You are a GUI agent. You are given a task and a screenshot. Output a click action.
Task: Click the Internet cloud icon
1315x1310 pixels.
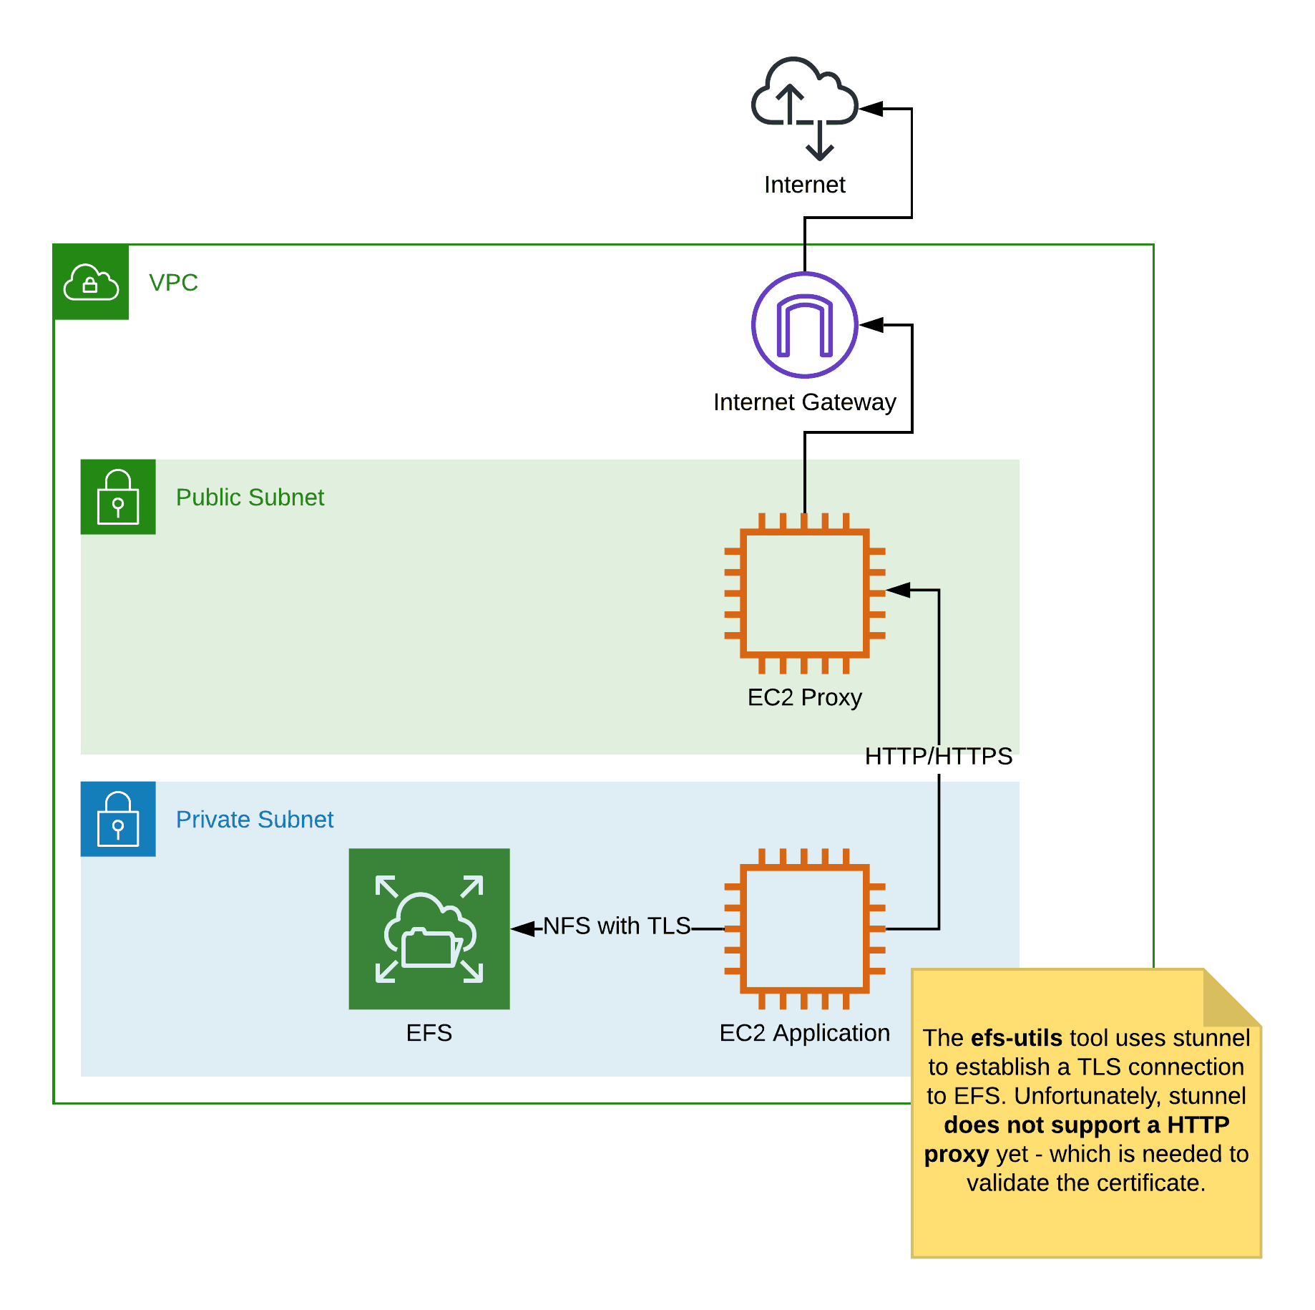804,107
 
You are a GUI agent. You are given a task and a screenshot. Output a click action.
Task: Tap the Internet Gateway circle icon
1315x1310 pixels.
804,325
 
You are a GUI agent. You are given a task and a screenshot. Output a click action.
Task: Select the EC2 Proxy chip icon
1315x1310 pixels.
804,593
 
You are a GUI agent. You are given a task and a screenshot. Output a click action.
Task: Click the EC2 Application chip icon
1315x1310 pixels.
804,928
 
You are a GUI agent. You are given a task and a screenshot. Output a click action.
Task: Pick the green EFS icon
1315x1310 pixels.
429,928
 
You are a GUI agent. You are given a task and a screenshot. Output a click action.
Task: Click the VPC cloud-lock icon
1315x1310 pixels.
91,282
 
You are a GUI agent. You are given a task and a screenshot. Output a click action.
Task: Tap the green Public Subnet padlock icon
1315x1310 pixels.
118,497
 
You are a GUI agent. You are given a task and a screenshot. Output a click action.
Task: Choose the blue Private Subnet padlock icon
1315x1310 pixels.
118,819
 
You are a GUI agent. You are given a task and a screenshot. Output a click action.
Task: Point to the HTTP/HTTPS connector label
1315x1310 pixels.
938,756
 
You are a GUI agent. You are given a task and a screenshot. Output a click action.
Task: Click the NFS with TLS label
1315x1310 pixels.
617,926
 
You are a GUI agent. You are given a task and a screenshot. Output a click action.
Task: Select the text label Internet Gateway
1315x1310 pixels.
804,402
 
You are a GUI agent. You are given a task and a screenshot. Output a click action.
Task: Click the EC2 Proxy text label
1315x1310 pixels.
804,697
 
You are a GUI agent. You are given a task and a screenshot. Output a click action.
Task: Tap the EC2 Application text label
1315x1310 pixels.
804,1033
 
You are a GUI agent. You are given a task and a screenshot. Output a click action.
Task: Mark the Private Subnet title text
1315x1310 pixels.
255,820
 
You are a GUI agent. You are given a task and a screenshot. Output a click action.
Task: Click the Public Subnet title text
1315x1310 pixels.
250,498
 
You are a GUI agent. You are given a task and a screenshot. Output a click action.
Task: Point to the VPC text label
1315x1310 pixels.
173,283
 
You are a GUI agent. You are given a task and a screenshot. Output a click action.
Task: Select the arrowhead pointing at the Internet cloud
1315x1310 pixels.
871,109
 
